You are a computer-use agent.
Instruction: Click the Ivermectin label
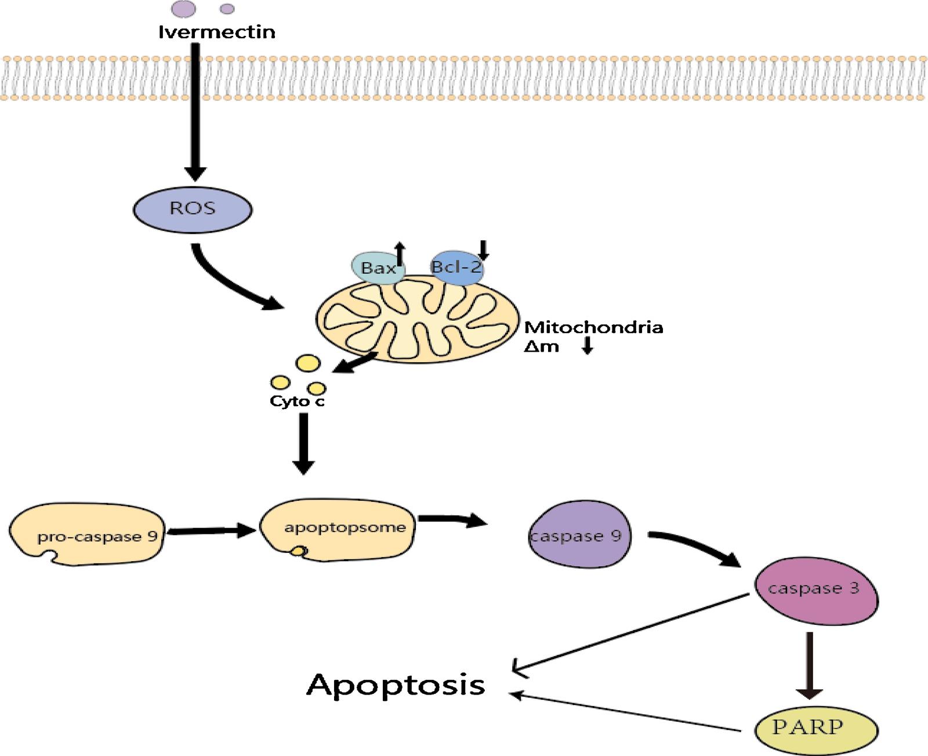[216, 32]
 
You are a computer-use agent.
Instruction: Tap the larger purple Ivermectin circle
[183, 9]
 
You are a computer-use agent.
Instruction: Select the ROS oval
[193, 209]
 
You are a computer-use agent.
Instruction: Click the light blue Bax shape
[378, 267]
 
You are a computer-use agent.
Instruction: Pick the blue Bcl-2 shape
[456, 267]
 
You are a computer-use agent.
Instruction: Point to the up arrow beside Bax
[400, 254]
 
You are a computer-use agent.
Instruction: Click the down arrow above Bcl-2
[483, 250]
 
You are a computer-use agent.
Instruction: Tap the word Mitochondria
[593, 327]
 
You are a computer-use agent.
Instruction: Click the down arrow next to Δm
[588, 345]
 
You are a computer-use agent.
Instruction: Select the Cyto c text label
[297, 401]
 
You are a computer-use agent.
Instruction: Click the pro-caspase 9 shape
[87, 534]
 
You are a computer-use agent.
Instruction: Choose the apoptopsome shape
[338, 530]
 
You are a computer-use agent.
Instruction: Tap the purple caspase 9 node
[579, 534]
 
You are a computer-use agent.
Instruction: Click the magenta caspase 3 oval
[816, 591]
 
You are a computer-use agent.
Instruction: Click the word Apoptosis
[396, 685]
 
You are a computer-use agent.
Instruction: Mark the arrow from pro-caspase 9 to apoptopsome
[211, 530]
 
